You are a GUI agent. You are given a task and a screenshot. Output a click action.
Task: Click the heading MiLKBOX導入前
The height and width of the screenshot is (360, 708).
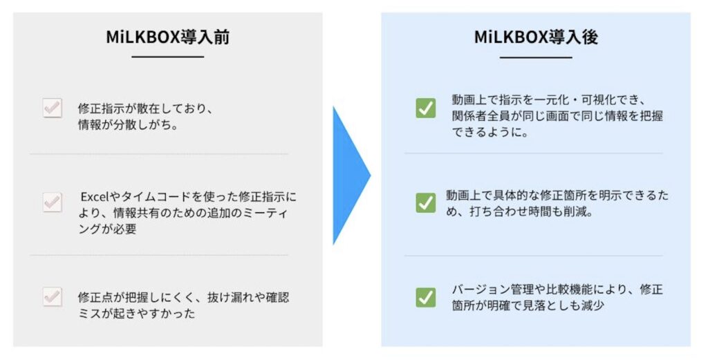coord(168,37)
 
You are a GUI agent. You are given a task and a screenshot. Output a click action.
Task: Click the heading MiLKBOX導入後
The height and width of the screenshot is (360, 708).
coord(536,37)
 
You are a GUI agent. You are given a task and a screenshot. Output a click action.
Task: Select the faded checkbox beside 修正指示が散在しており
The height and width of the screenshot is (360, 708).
coord(53,108)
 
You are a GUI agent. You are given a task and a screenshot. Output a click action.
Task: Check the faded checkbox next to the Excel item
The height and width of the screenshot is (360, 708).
coord(53,202)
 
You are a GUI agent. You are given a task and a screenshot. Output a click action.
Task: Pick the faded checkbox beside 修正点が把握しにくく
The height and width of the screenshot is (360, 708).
coord(53,297)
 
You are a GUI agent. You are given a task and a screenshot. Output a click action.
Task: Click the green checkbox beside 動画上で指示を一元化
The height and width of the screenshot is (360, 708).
coord(426,108)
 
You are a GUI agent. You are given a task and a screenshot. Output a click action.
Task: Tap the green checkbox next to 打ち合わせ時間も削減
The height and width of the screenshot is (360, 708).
coord(426,202)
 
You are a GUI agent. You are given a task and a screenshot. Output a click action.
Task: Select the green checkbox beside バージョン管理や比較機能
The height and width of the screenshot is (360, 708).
coord(426,297)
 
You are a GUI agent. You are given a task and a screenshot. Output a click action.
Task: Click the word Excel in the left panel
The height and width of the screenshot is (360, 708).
coord(95,197)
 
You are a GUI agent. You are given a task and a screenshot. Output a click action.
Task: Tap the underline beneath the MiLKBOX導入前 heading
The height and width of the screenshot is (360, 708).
coord(168,57)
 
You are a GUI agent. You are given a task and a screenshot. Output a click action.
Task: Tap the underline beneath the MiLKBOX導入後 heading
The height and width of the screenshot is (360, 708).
coord(536,57)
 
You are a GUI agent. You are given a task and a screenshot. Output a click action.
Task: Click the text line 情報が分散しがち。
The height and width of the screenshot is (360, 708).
coord(128,125)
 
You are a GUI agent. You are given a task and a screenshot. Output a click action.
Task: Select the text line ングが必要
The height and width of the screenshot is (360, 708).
coord(107,229)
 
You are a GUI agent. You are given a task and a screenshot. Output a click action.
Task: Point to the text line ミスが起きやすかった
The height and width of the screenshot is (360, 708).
coord(137,314)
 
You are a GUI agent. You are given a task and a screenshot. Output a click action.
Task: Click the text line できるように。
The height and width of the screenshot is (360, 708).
coord(490,133)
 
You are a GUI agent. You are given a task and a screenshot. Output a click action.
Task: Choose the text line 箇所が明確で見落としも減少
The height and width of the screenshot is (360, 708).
coord(528,305)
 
